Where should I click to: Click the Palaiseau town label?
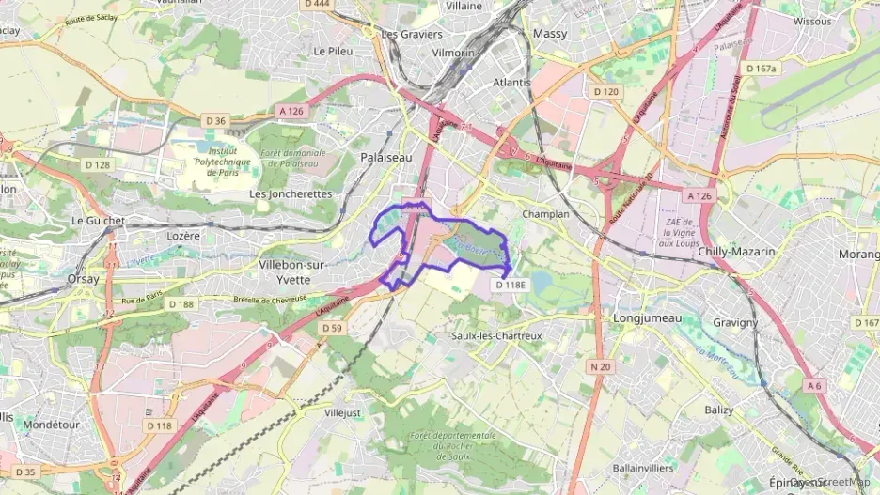[386, 158]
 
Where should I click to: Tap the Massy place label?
[550, 33]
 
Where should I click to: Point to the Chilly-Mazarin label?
[736, 252]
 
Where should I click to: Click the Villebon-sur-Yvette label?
[291, 272]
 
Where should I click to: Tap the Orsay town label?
[84, 279]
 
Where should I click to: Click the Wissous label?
[812, 21]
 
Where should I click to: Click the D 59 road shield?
[331, 328]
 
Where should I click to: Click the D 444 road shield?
[319, 5]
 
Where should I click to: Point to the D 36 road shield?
[216, 120]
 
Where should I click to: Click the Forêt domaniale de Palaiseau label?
[293, 159]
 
